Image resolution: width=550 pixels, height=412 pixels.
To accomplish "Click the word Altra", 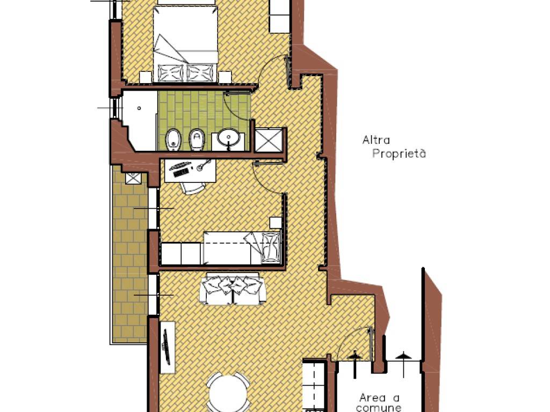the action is pyautogui.click(x=376, y=140).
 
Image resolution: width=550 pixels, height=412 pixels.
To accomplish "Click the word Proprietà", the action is pyautogui.click(x=399, y=153).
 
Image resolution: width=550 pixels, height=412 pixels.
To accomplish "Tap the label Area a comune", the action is pyautogui.click(x=379, y=402).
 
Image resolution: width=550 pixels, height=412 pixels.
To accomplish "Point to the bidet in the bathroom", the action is pyautogui.click(x=173, y=140).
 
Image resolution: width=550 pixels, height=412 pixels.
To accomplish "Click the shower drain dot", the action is pyautogui.click(x=139, y=108).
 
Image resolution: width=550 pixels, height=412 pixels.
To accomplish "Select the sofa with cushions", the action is pyautogui.click(x=232, y=289).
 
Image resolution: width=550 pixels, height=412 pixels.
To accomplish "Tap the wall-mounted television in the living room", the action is pyautogui.click(x=167, y=346).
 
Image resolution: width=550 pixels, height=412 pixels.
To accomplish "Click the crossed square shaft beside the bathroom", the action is pyautogui.click(x=269, y=141).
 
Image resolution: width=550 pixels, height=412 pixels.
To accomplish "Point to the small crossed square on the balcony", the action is pyautogui.click(x=133, y=178).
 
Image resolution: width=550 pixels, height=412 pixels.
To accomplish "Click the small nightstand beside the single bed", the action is pyautogui.click(x=276, y=223).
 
